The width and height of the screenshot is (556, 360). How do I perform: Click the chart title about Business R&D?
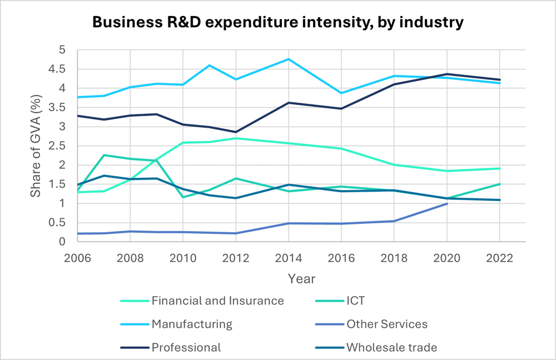point(277,22)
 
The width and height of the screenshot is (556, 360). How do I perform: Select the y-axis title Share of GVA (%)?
point(36,146)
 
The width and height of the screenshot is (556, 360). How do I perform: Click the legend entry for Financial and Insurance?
point(217,301)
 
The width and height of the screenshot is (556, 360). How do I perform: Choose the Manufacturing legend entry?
point(192,324)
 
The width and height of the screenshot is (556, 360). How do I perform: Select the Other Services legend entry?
point(387,324)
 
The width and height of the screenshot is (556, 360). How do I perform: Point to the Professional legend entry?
point(186,347)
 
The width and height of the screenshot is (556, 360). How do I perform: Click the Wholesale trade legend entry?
point(391,347)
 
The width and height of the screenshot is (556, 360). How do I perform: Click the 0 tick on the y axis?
point(66,242)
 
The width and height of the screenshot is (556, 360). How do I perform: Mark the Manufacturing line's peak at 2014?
point(289,59)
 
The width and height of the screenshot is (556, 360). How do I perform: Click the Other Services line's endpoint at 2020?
point(446,203)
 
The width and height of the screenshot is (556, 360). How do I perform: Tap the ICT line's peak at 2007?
point(103,155)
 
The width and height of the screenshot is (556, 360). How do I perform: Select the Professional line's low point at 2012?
point(236,132)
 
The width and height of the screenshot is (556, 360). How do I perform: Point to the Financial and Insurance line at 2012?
point(236,138)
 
